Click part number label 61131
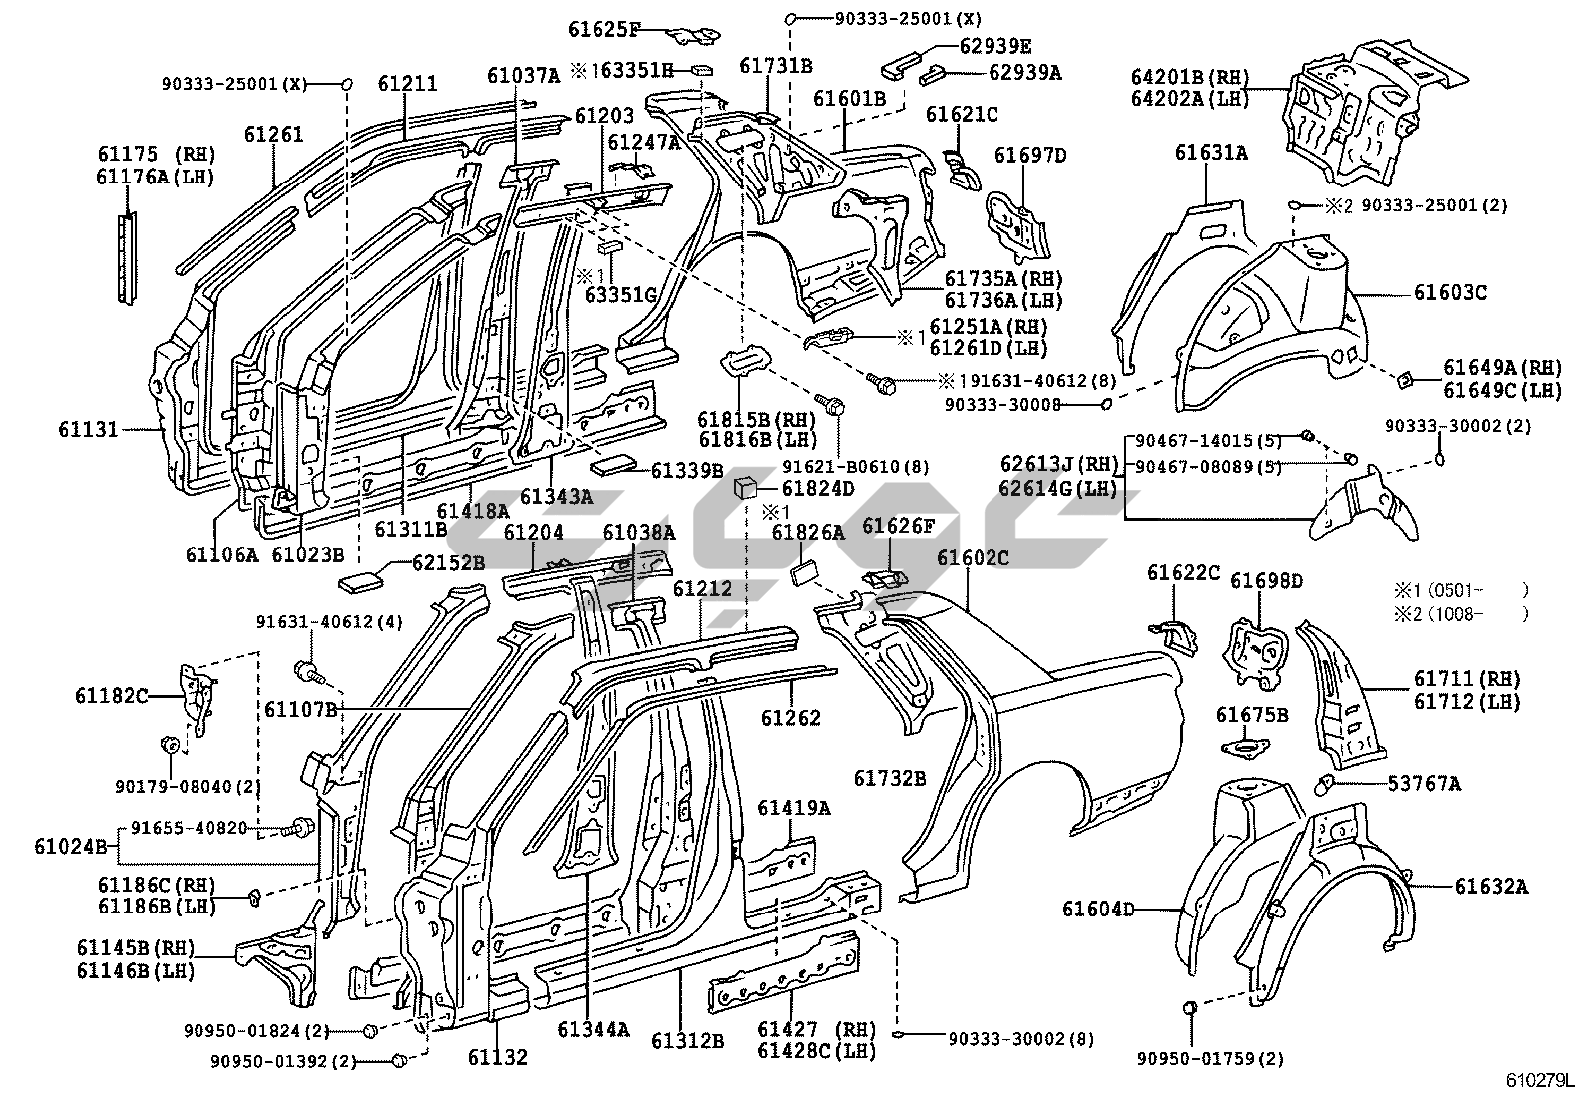[88, 430]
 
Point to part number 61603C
[1450, 293]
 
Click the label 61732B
[890, 778]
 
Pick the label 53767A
[1424, 784]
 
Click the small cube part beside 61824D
[746, 489]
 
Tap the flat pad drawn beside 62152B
[362, 577]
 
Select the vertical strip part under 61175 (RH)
[126, 259]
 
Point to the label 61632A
[1490, 886]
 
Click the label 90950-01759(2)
[1210, 1058]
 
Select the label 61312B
[688, 1040]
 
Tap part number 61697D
[1030, 155]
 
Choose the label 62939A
[1024, 72]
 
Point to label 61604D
[1097, 909]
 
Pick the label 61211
[407, 83]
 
